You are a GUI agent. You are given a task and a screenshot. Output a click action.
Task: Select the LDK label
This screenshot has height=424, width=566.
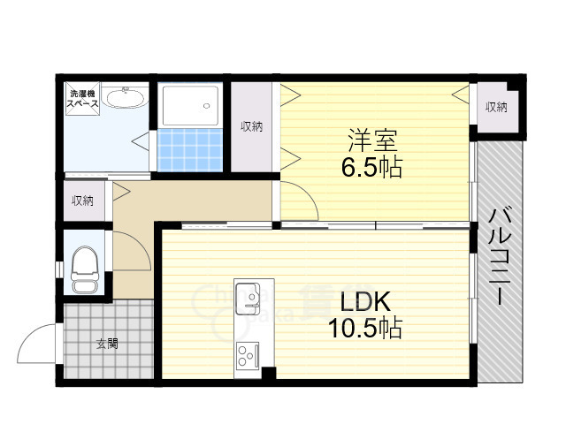[x=360, y=302]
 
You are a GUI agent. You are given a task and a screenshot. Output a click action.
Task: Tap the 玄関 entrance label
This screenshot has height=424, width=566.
[x=107, y=344]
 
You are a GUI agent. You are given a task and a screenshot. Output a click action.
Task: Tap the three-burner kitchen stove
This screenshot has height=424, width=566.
[x=247, y=356]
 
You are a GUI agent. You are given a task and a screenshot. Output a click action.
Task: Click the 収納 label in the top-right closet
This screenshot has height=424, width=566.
[x=496, y=107]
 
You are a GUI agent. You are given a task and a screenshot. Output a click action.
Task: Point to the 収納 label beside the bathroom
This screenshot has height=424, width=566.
[x=252, y=126]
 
